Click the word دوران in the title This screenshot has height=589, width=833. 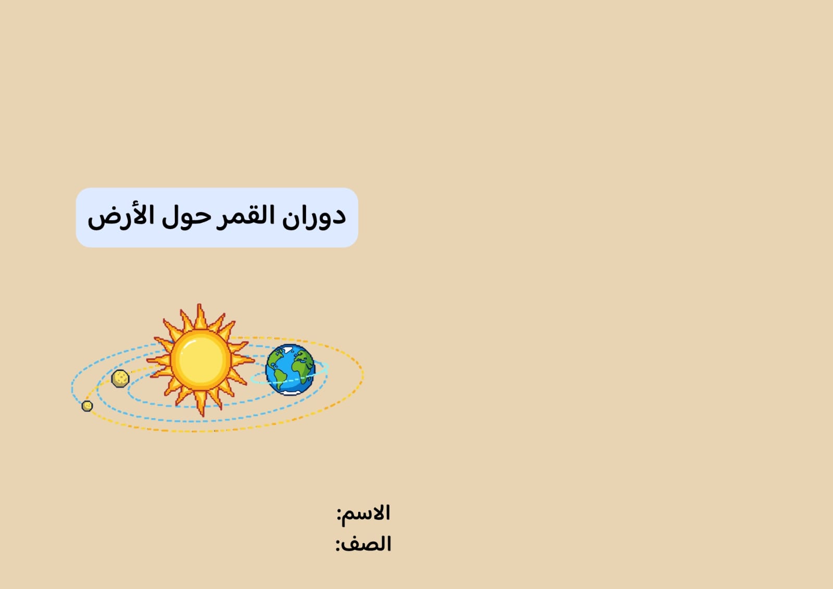coord(314,216)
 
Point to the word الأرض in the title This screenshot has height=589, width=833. coord(121,216)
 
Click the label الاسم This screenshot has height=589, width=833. coord(367,513)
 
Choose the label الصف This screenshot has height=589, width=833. coord(368,544)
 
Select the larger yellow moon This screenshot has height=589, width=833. coord(120,378)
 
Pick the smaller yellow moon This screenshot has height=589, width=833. coord(87,406)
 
